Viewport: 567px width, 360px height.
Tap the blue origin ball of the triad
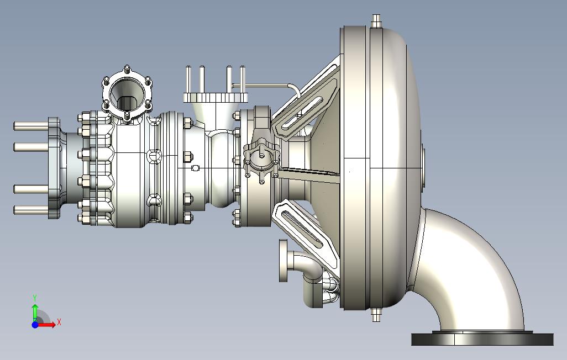(x=35, y=325)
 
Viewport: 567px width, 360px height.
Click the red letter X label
(x=59, y=322)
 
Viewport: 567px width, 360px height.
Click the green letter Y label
(x=35, y=298)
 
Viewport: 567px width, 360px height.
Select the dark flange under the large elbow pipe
(x=482, y=339)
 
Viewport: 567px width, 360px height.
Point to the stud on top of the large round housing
(x=376, y=20)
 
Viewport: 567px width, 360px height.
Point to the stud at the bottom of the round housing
(x=376, y=315)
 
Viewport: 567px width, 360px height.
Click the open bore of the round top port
(x=127, y=95)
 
